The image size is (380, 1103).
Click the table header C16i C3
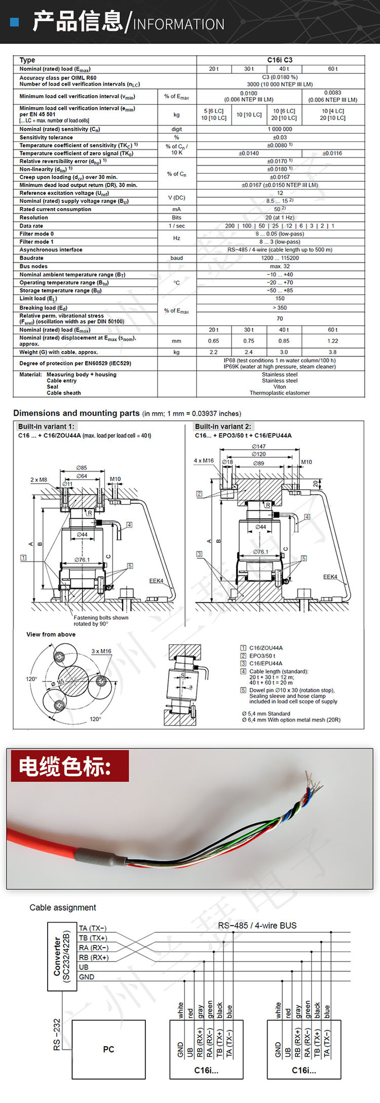(x=280, y=60)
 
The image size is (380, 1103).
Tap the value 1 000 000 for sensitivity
(x=280, y=129)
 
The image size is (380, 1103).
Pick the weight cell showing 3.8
(x=332, y=352)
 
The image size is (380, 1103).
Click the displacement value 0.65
(x=213, y=341)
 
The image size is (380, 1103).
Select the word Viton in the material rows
(x=280, y=386)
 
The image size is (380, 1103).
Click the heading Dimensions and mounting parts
(x=76, y=413)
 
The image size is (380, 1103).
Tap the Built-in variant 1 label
(x=46, y=426)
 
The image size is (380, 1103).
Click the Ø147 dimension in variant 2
(x=258, y=446)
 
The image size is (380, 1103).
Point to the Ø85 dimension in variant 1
(x=82, y=467)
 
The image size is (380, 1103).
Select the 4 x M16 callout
(x=204, y=461)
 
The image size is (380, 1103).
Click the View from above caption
(x=51, y=634)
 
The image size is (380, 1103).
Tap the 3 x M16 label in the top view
(x=101, y=651)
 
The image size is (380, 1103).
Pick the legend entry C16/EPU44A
(x=265, y=663)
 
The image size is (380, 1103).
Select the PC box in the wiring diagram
(x=108, y=1049)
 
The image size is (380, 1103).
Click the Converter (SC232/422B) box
(x=62, y=956)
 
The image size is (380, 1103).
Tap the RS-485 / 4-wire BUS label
(x=257, y=925)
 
